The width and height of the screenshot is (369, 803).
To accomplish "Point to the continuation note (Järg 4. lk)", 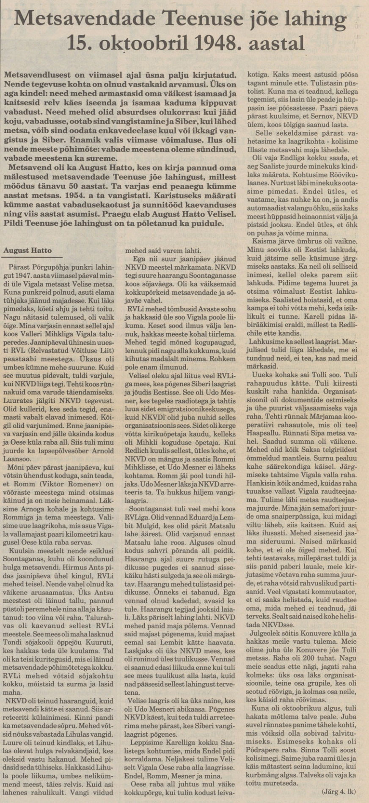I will [339, 791].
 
